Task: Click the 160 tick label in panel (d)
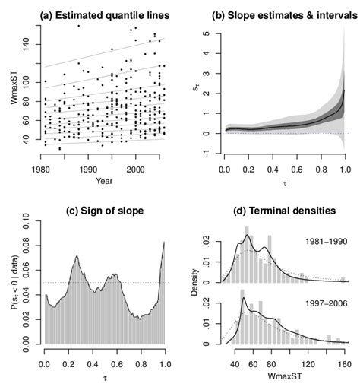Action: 343,364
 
